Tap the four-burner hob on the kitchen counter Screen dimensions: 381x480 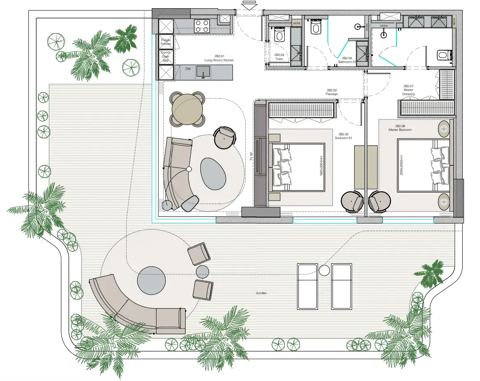point(202,26)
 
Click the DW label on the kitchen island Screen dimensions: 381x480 point(188,69)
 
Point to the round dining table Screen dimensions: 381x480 point(188,109)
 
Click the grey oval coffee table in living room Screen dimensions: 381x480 point(213,174)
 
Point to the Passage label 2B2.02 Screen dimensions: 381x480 point(332,92)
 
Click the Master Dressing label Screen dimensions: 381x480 point(408,90)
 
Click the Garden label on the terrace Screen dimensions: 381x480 point(261,293)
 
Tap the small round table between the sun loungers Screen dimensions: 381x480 point(325,270)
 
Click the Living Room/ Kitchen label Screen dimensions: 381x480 point(219,58)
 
